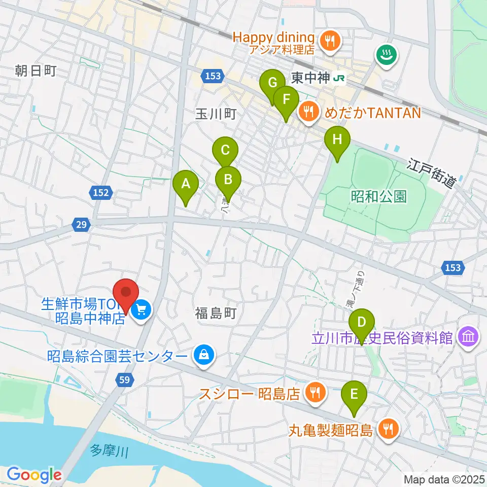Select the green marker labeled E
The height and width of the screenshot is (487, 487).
(354, 395)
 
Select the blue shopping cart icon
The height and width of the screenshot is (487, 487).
(141, 309)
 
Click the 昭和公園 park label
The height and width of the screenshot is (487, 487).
(379, 197)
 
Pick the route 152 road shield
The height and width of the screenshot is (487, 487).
(100, 192)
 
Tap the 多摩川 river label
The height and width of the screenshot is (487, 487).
(111, 450)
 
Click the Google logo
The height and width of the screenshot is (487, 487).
(34, 475)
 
